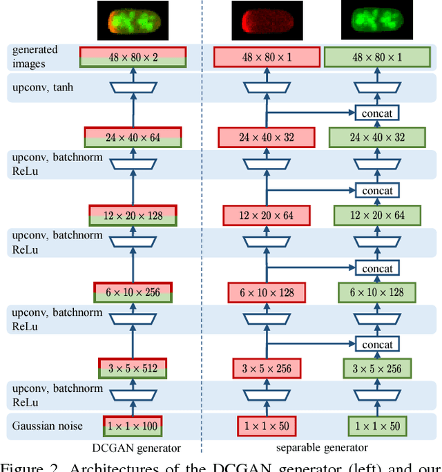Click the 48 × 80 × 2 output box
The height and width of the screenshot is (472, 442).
133,57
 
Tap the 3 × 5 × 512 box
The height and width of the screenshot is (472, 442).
133,368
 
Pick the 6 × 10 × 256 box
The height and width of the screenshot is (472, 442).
133,292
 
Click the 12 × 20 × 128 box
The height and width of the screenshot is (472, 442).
133,215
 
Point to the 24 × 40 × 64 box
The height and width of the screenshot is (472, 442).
133,137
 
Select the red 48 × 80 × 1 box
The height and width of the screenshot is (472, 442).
266,57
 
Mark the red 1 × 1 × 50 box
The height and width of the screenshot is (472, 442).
266,426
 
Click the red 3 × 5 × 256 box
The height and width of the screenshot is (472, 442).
266,368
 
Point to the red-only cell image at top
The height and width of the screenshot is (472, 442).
266,20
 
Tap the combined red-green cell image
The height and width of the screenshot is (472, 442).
133,20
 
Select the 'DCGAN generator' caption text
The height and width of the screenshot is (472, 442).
135,448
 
